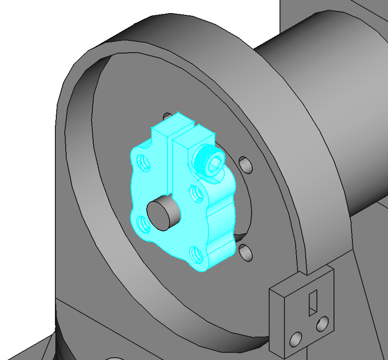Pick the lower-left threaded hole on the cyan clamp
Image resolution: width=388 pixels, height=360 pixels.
point(143,224)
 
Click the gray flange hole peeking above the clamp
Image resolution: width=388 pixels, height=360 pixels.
point(167,117)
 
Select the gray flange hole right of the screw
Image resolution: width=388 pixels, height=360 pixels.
point(245,164)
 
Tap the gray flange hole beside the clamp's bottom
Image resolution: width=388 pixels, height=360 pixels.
point(246,252)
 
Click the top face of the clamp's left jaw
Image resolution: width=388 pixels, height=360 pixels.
point(171,125)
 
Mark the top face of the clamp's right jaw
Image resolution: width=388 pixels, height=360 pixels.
point(194,137)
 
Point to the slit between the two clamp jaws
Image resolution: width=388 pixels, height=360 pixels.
point(170,166)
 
